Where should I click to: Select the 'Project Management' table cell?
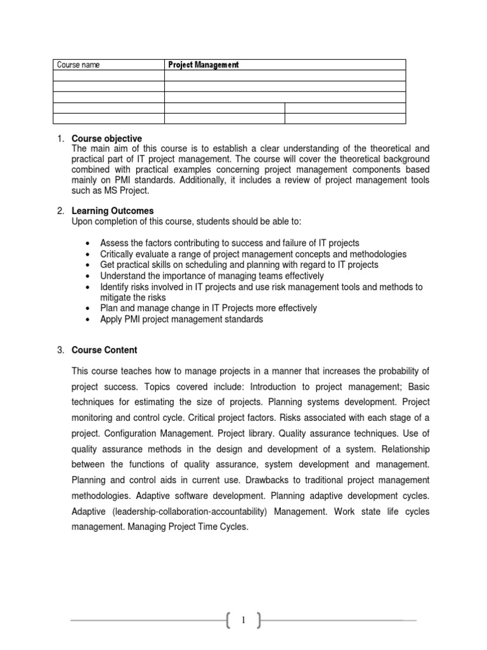203,65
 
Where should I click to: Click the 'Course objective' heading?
107,138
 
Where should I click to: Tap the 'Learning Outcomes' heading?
112,211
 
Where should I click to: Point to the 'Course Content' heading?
104,350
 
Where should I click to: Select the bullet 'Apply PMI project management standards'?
181,319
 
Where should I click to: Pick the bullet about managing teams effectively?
212,275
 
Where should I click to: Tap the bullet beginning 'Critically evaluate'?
254,254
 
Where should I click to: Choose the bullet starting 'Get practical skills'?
239,265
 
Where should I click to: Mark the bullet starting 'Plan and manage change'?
209,308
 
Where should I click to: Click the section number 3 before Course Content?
60,350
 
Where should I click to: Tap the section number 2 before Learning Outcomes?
60,211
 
